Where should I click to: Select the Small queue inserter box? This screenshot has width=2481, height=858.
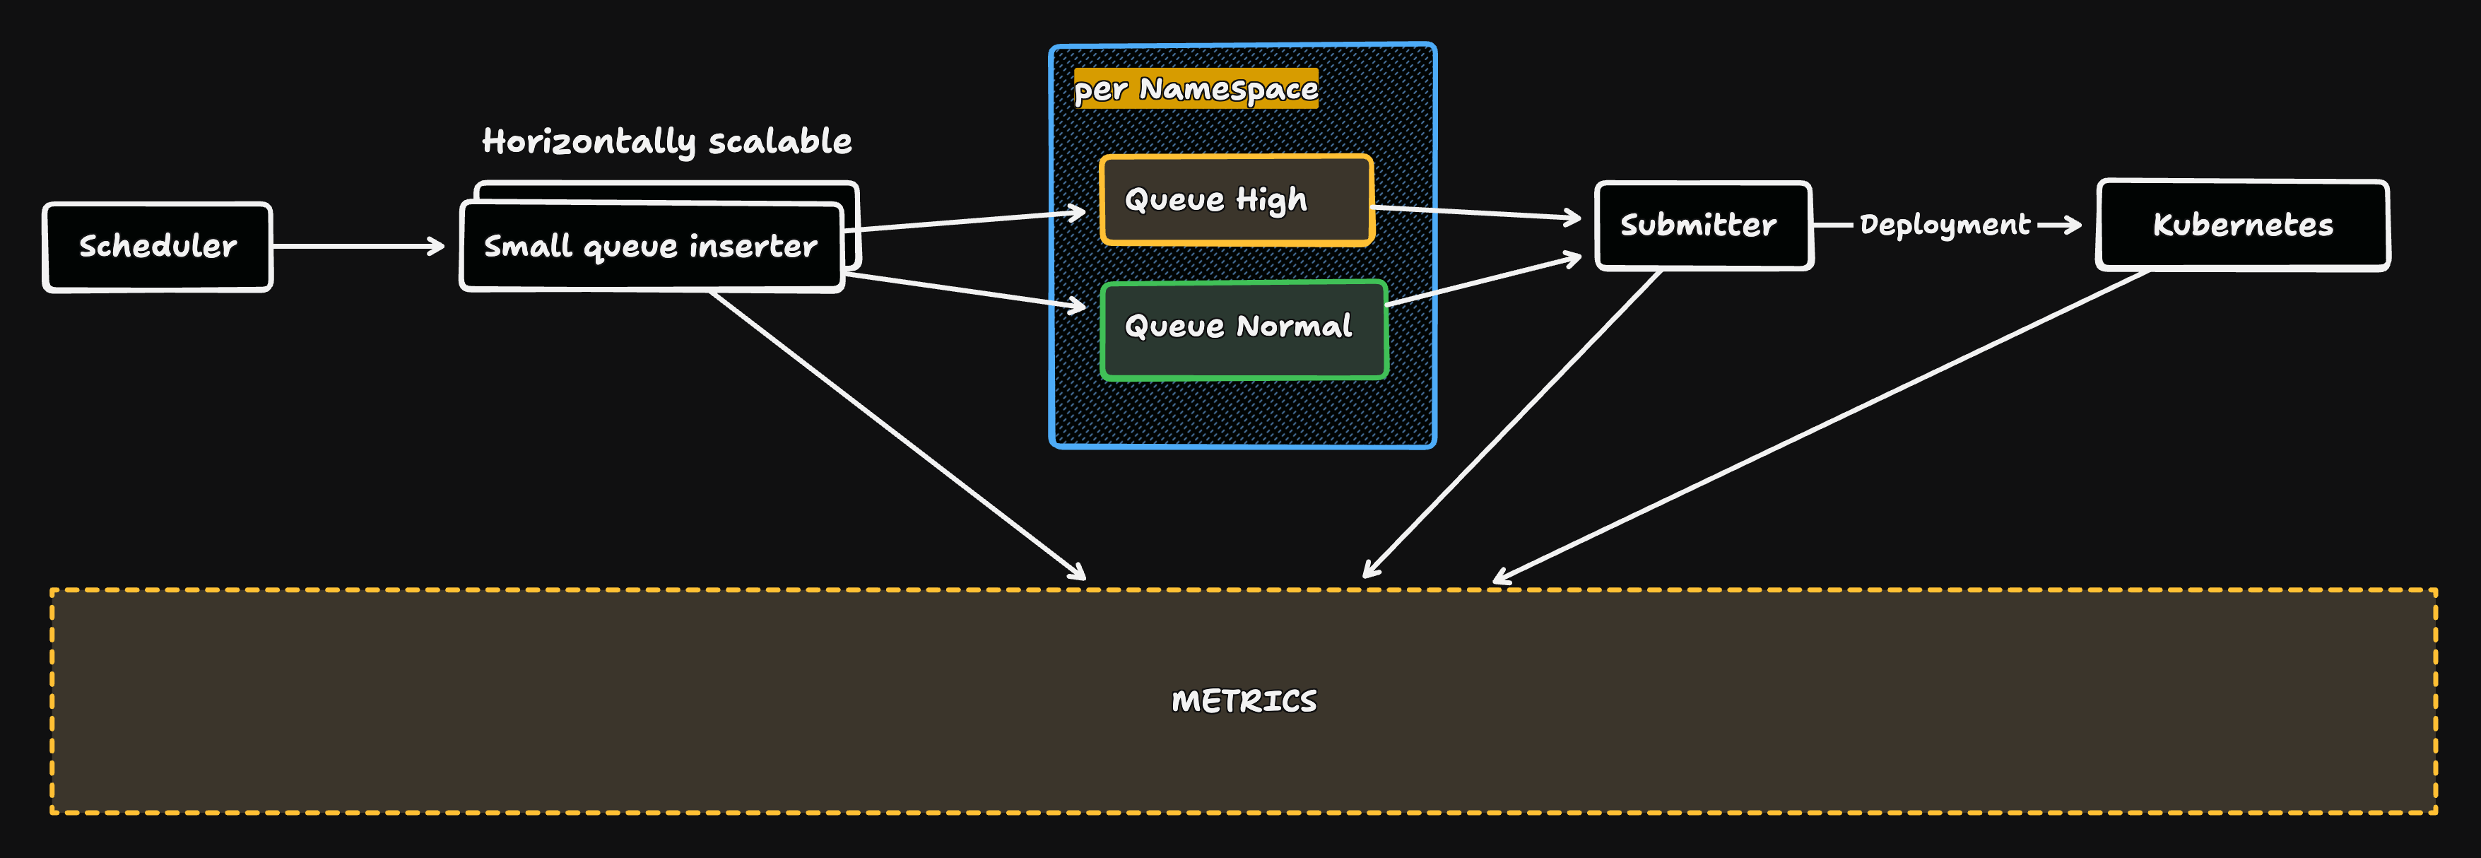651,247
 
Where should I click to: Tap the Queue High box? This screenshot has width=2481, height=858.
1236,199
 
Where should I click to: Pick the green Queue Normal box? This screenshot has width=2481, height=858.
1242,327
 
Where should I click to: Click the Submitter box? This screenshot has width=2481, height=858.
1702,225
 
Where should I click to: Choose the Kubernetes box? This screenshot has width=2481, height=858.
2242,225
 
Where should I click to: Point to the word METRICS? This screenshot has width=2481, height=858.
1244,701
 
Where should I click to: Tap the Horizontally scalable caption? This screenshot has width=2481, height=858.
666,141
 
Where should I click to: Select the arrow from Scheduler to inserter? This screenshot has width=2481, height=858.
356,247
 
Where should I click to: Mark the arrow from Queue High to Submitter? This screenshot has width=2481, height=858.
1473,212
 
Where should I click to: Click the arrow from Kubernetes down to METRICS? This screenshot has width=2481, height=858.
1820,427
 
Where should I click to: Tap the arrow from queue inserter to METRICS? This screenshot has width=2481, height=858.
896,433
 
